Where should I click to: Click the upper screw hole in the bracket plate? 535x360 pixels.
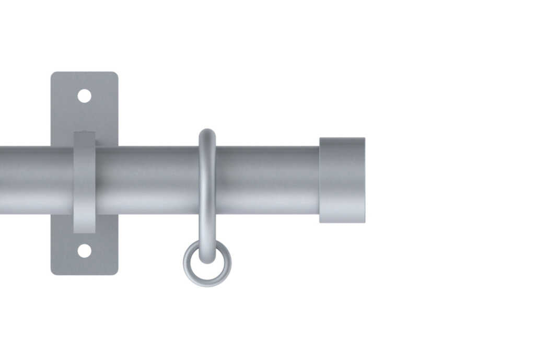tap(84, 96)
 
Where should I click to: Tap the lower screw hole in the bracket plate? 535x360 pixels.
tap(84, 251)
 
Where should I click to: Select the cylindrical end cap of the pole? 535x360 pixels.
tap(342, 180)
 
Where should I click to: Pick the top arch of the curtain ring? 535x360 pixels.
tap(207, 133)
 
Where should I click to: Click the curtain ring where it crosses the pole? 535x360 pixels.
tap(207, 180)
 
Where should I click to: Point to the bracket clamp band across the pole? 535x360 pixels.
tap(84, 180)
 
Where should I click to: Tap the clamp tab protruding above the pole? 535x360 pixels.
tap(84, 138)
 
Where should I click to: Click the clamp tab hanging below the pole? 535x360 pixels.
tap(84, 224)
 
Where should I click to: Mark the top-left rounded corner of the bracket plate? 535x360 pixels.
tap(53, 74)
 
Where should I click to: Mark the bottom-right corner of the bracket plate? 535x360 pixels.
tap(115, 272)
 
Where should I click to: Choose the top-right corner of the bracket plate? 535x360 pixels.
tap(115, 74)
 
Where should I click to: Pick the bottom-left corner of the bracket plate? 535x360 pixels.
tap(53, 272)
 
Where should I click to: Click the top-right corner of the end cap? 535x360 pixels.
tap(364, 139)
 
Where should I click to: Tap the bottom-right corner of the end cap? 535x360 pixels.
tap(364, 221)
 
